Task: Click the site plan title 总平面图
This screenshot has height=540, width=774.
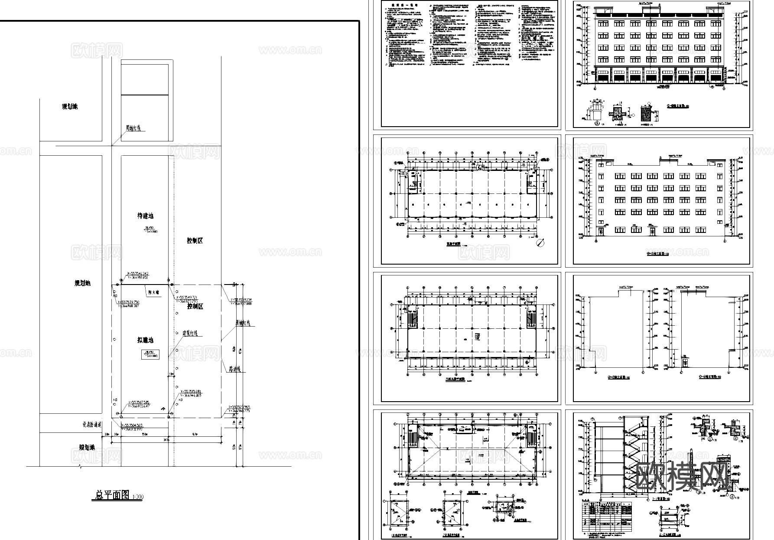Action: coord(111,495)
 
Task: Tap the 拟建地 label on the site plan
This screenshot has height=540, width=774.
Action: coord(145,340)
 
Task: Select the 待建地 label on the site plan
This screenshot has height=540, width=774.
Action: coord(145,216)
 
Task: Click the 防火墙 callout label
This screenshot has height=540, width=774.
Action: coord(153,292)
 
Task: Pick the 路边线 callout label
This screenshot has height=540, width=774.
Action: coord(234,369)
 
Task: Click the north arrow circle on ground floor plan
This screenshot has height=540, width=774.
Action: coord(540,243)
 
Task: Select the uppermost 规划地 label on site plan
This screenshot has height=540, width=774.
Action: coord(70,107)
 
